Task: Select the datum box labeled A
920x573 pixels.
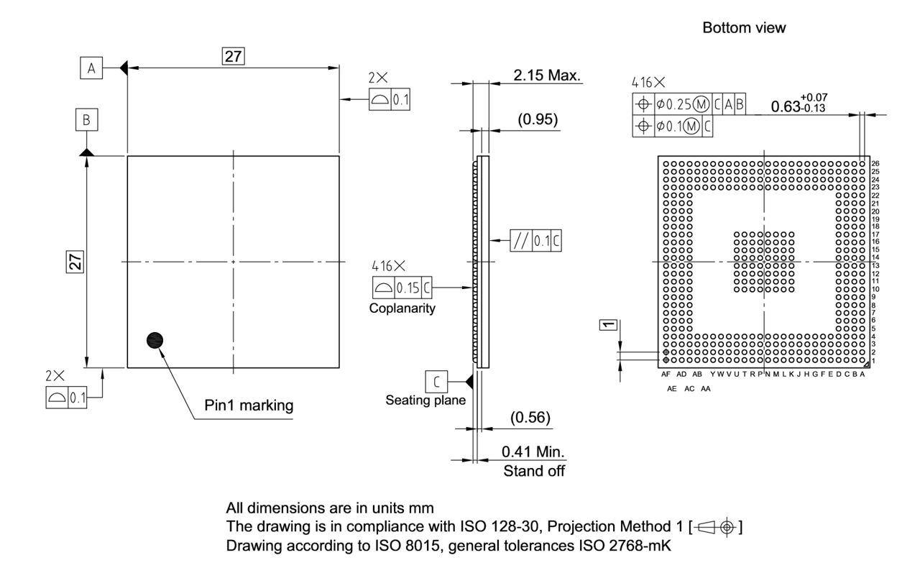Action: pyautogui.click(x=91, y=68)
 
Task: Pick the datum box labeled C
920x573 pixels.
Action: pyautogui.click(x=436, y=380)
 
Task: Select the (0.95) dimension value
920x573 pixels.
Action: pyautogui.click(x=538, y=119)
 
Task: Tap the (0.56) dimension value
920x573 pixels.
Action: pyautogui.click(x=530, y=417)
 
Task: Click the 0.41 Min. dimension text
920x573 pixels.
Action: pyautogui.click(x=533, y=453)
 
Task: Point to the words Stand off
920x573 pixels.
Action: pyautogui.click(x=534, y=472)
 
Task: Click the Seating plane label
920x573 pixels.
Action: pyautogui.click(x=425, y=400)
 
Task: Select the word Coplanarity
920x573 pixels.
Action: pyautogui.click(x=403, y=308)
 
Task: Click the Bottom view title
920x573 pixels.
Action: pyautogui.click(x=744, y=28)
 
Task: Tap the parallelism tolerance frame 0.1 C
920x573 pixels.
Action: pyautogui.click(x=536, y=240)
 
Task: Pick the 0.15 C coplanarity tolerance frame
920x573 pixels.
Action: pyautogui.click(x=402, y=288)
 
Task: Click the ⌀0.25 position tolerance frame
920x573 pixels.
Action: pyautogui.click(x=689, y=105)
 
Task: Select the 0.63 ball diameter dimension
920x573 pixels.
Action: pyautogui.click(x=797, y=106)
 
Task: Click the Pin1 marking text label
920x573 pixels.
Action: pyautogui.click(x=249, y=405)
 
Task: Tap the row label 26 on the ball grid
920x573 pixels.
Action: pyautogui.click(x=875, y=164)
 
